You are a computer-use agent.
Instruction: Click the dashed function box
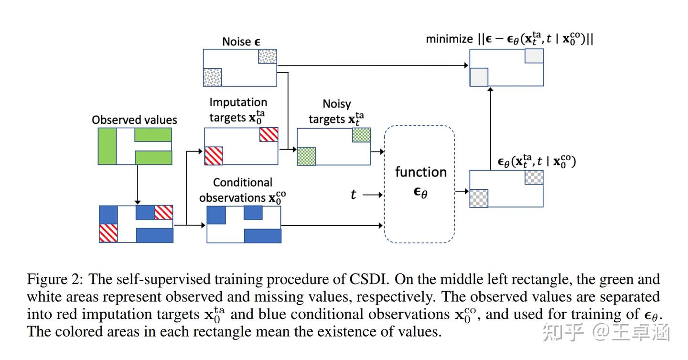tap(419, 184)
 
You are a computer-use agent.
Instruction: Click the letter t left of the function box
tap(353, 194)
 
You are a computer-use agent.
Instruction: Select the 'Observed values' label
tap(134, 120)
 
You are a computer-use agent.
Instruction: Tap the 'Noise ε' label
tap(241, 42)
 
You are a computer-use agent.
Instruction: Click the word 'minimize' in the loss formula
tap(449, 39)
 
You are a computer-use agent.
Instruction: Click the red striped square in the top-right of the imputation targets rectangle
tap(269, 135)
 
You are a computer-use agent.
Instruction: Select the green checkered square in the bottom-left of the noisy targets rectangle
tap(306, 156)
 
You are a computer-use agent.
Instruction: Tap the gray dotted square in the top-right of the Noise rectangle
tap(267, 56)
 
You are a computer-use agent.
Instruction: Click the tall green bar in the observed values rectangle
tap(107, 146)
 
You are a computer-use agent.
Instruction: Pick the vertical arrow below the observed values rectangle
tap(137, 184)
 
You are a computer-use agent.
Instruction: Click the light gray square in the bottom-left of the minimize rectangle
tap(479, 77)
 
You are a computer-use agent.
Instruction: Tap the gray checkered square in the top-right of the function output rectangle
tap(534, 177)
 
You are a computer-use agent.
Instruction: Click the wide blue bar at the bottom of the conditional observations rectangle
tap(262, 236)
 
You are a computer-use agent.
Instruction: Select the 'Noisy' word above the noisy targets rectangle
tap(336, 104)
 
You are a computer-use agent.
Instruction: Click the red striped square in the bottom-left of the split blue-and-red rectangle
tap(108, 233)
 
